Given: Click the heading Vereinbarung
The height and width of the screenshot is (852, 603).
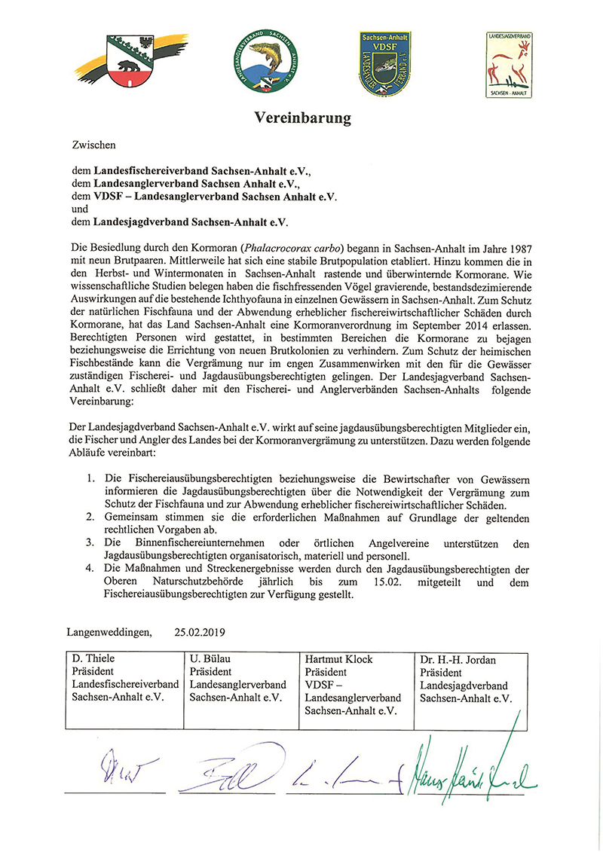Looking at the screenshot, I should (301, 118).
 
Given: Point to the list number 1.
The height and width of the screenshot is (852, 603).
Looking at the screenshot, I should (90, 478).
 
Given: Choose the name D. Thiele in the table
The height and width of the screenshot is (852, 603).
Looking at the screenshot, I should (94, 659).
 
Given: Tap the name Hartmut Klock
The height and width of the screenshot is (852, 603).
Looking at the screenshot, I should (338, 659).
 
